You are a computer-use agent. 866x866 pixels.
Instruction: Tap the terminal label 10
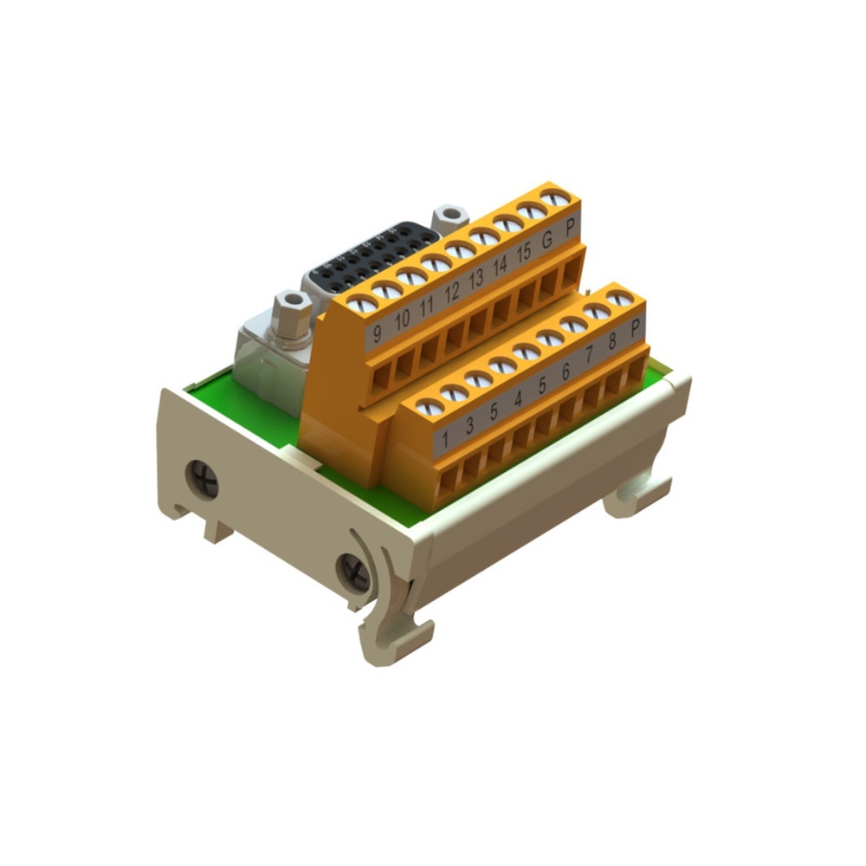402,320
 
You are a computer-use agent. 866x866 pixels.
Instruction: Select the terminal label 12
452,293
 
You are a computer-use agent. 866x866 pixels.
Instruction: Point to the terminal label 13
475,280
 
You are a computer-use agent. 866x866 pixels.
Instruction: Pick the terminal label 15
523,253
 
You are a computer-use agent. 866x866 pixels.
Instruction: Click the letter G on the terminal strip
546,241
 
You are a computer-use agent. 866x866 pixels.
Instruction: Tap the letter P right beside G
570,229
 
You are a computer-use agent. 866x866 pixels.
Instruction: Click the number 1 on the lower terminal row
445,439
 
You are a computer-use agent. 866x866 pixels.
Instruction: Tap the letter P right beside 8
636,327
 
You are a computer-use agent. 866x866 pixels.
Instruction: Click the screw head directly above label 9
363,304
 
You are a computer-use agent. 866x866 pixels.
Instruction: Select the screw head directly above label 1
430,407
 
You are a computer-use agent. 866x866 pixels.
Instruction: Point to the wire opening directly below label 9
379,375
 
